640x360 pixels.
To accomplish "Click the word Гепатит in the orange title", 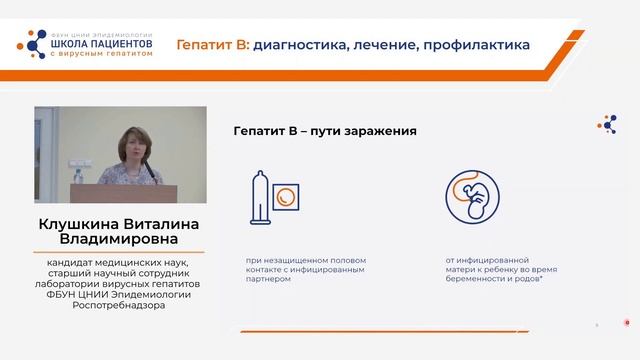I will (206, 45).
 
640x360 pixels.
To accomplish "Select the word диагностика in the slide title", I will (296, 45).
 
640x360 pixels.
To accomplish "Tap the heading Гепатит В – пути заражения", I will (324, 131).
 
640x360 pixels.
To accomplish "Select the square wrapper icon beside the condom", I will (287, 196).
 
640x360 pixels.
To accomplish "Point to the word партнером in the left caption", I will (268, 280).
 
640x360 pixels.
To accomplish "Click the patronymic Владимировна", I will (120, 241).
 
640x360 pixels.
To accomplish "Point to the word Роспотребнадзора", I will (120, 305).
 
